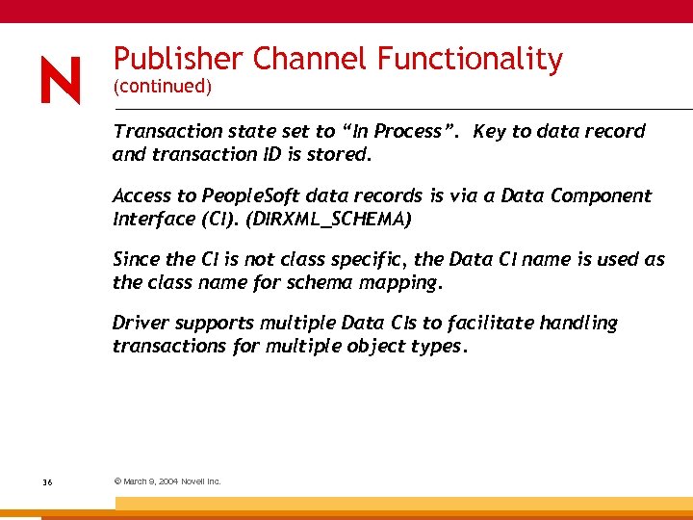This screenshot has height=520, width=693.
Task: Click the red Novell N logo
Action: click(x=60, y=80)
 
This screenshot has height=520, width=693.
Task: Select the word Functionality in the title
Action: click(x=470, y=60)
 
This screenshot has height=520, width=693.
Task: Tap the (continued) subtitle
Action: click(x=162, y=87)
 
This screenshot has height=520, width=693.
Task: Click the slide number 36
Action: click(x=47, y=481)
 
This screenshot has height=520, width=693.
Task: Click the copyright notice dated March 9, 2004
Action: click(x=167, y=481)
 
